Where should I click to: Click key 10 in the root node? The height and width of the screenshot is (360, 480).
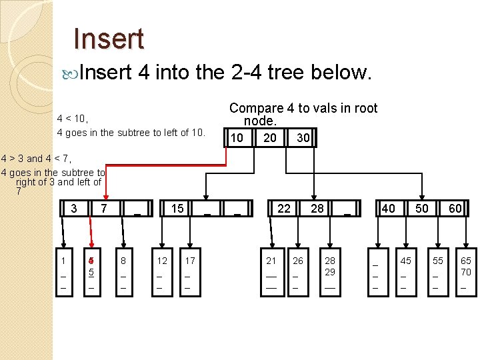[235, 137]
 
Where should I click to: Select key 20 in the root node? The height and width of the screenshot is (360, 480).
[269, 137]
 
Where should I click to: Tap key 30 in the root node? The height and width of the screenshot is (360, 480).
[303, 137]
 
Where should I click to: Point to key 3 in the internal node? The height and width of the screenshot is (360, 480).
[73, 209]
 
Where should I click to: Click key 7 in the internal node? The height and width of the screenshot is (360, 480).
[104, 209]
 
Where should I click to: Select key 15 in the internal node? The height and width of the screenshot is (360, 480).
[177, 209]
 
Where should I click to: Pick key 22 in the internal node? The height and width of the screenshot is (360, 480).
[284, 209]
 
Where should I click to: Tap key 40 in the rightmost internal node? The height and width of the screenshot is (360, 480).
[388, 209]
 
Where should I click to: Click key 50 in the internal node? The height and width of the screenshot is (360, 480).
[422, 209]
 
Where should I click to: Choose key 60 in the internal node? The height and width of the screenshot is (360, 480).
[455, 209]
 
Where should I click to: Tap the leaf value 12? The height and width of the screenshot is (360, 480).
[161, 260]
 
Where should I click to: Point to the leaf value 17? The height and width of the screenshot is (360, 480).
[190, 260]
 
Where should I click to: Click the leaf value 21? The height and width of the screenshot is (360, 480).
[271, 260]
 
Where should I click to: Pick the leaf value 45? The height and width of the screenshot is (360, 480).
[406, 260]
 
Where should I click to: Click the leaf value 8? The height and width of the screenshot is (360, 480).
[123, 260]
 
